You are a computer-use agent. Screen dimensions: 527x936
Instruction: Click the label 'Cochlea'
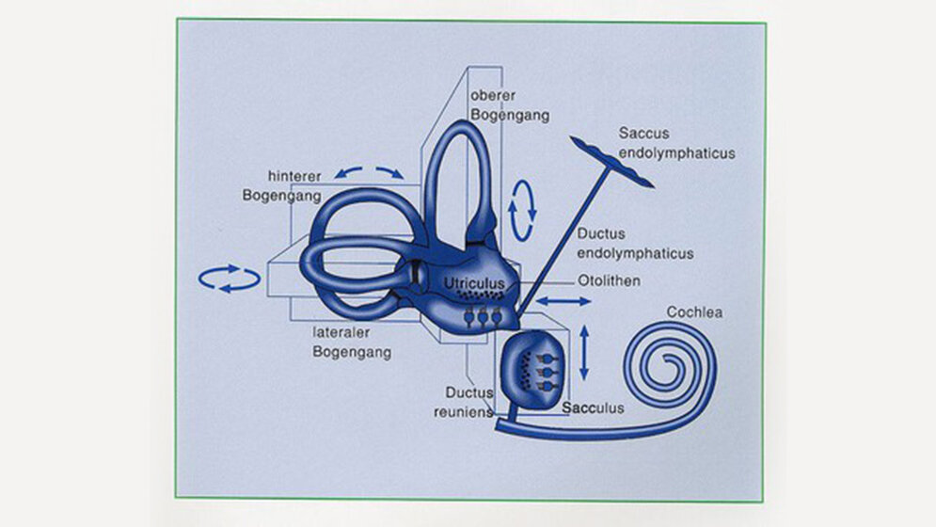point(694,312)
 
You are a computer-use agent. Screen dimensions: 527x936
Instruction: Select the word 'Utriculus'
point(475,281)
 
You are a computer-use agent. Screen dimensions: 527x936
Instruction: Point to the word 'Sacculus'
point(593,408)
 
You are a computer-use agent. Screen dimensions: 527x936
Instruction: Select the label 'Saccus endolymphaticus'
point(676,144)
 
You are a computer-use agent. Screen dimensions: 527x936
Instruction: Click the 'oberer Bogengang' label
point(509,105)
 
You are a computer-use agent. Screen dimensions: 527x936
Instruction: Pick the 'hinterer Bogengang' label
point(281,186)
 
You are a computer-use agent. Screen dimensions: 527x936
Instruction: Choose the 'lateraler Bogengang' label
point(352,342)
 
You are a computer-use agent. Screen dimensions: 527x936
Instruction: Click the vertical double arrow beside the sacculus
point(584,352)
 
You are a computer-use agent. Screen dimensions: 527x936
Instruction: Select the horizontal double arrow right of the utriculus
point(563,301)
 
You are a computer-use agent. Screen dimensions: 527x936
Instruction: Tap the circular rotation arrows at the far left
point(229,278)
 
